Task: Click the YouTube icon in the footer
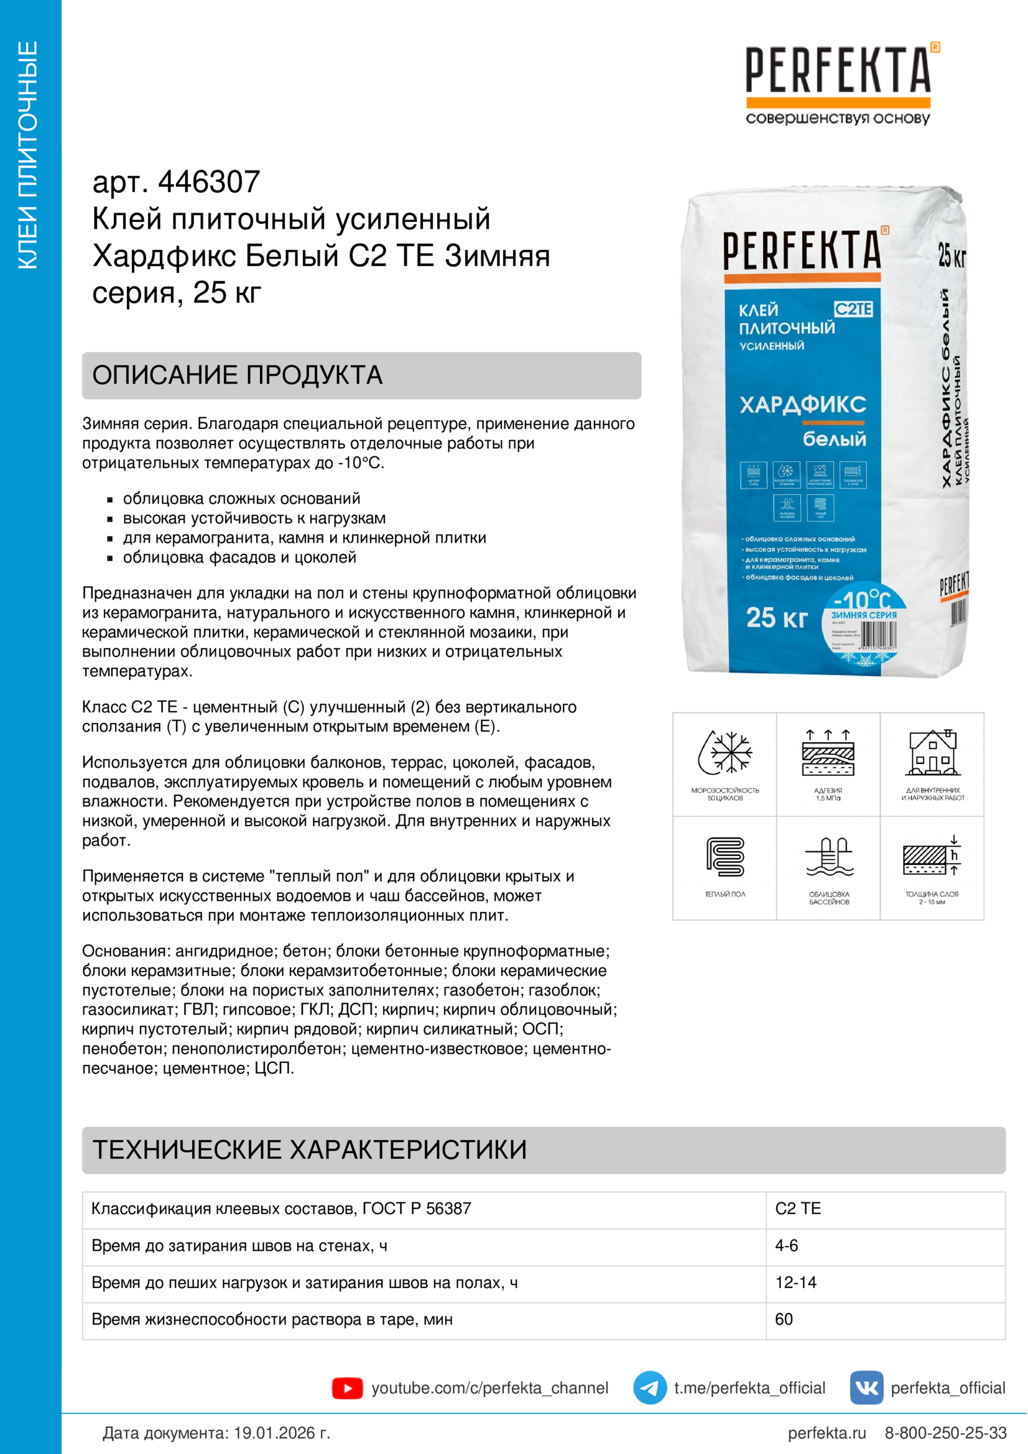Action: [x=347, y=1388]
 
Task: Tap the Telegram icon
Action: [x=649, y=1387]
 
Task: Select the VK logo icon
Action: [x=866, y=1387]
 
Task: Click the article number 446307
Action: [x=208, y=182]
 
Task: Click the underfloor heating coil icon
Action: [x=725, y=856]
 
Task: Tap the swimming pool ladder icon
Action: [x=828, y=856]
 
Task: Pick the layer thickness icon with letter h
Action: [x=932, y=856]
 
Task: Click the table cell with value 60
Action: [x=784, y=1319]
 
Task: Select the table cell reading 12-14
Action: [x=795, y=1282]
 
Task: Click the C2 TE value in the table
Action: [x=797, y=1208]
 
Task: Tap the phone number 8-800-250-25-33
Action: [x=945, y=1433]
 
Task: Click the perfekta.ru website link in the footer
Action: [x=826, y=1433]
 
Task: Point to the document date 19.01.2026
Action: [x=281, y=1433]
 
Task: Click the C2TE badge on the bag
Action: [x=853, y=309]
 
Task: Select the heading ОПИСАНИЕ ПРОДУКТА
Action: [x=238, y=375]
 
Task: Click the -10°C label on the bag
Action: [x=862, y=599]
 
